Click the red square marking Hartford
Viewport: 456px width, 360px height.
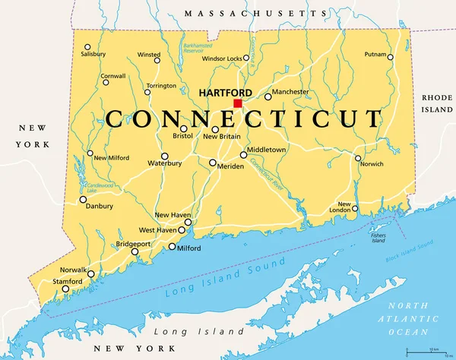click(238, 103)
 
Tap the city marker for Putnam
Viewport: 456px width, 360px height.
click(391, 57)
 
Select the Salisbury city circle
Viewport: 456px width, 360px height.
click(87, 46)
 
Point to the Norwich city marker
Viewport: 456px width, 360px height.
click(358, 159)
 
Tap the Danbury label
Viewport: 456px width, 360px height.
click(99, 206)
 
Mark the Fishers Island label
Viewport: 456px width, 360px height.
click(378, 237)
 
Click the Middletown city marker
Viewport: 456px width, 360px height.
click(243, 155)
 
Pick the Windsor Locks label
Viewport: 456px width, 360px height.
click(221, 58)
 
